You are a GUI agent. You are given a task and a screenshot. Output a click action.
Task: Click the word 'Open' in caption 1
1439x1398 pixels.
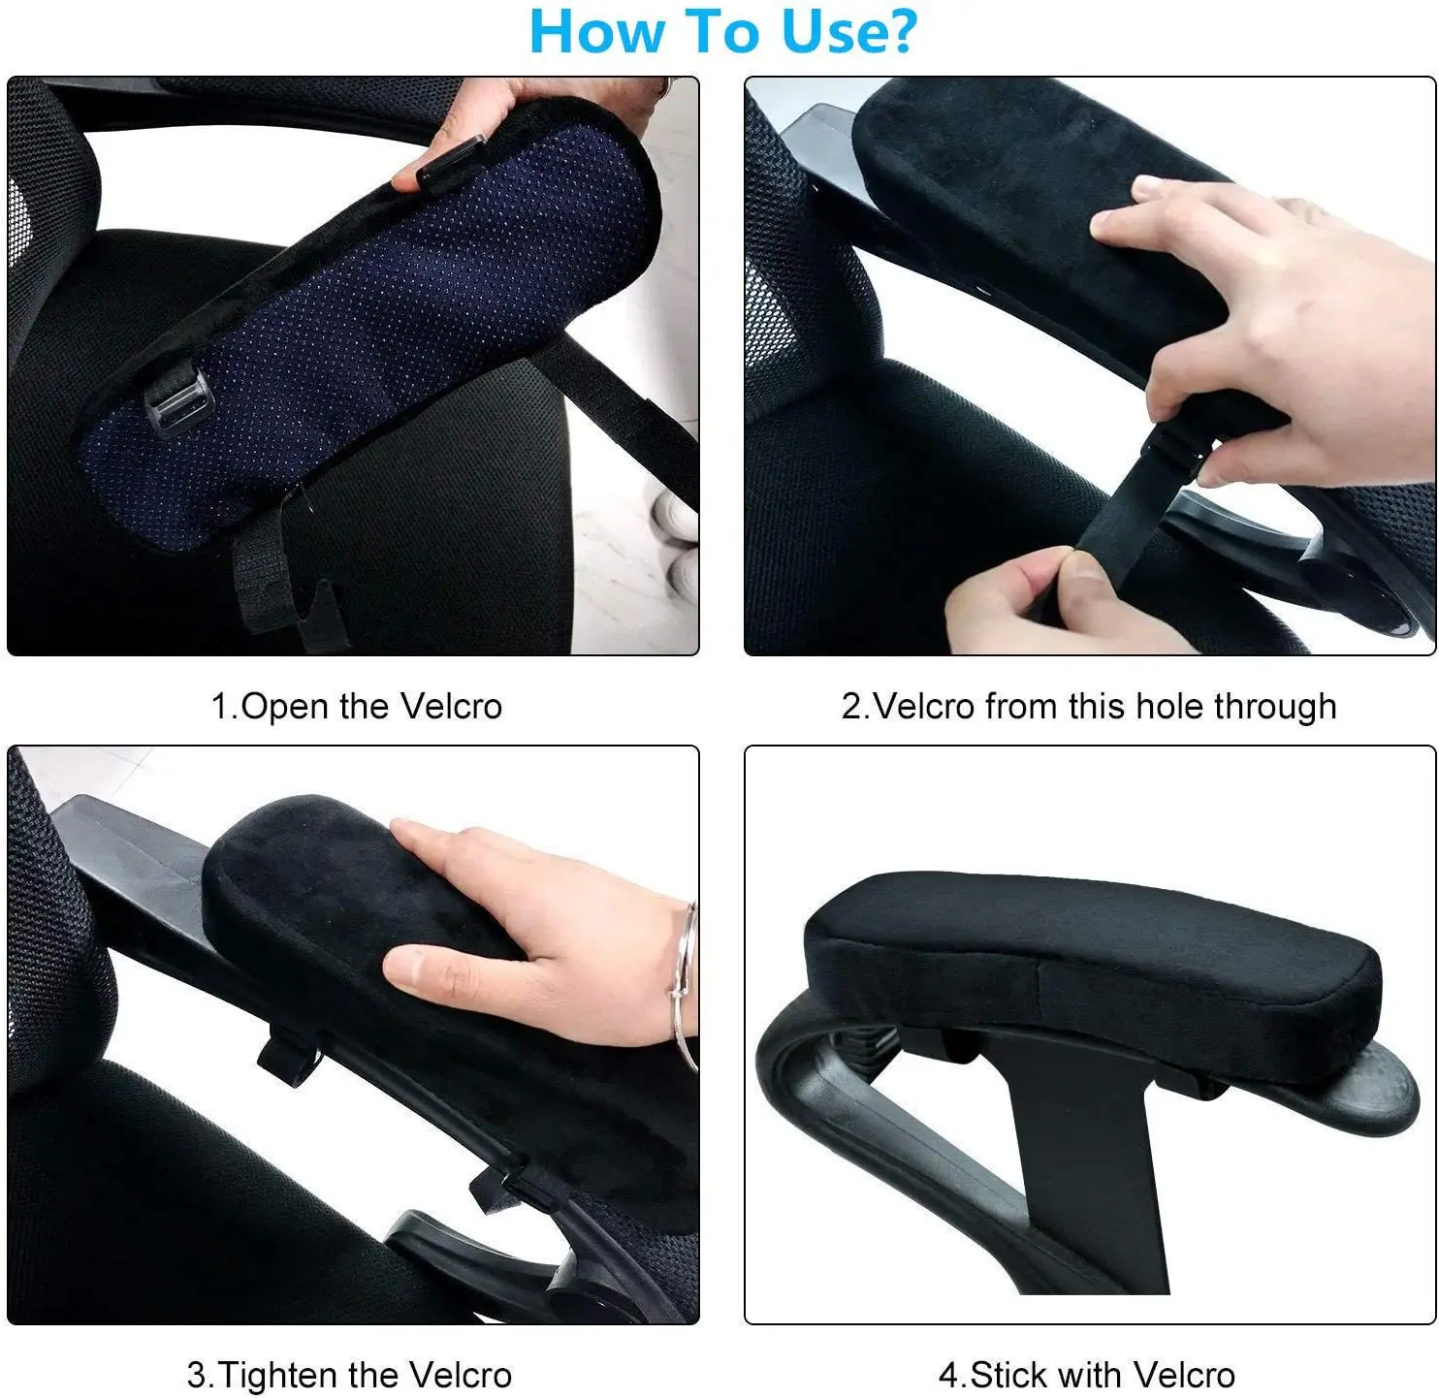coord(286,706)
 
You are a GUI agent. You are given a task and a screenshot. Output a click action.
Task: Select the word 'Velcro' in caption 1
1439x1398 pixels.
coord(451,706)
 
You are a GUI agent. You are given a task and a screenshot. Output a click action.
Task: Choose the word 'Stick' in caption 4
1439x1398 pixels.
coord(1011,1375)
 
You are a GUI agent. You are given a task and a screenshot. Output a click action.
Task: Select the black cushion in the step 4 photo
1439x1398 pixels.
coord(1086,960)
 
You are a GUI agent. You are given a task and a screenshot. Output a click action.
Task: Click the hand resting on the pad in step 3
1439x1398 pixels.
coord(543,931)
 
